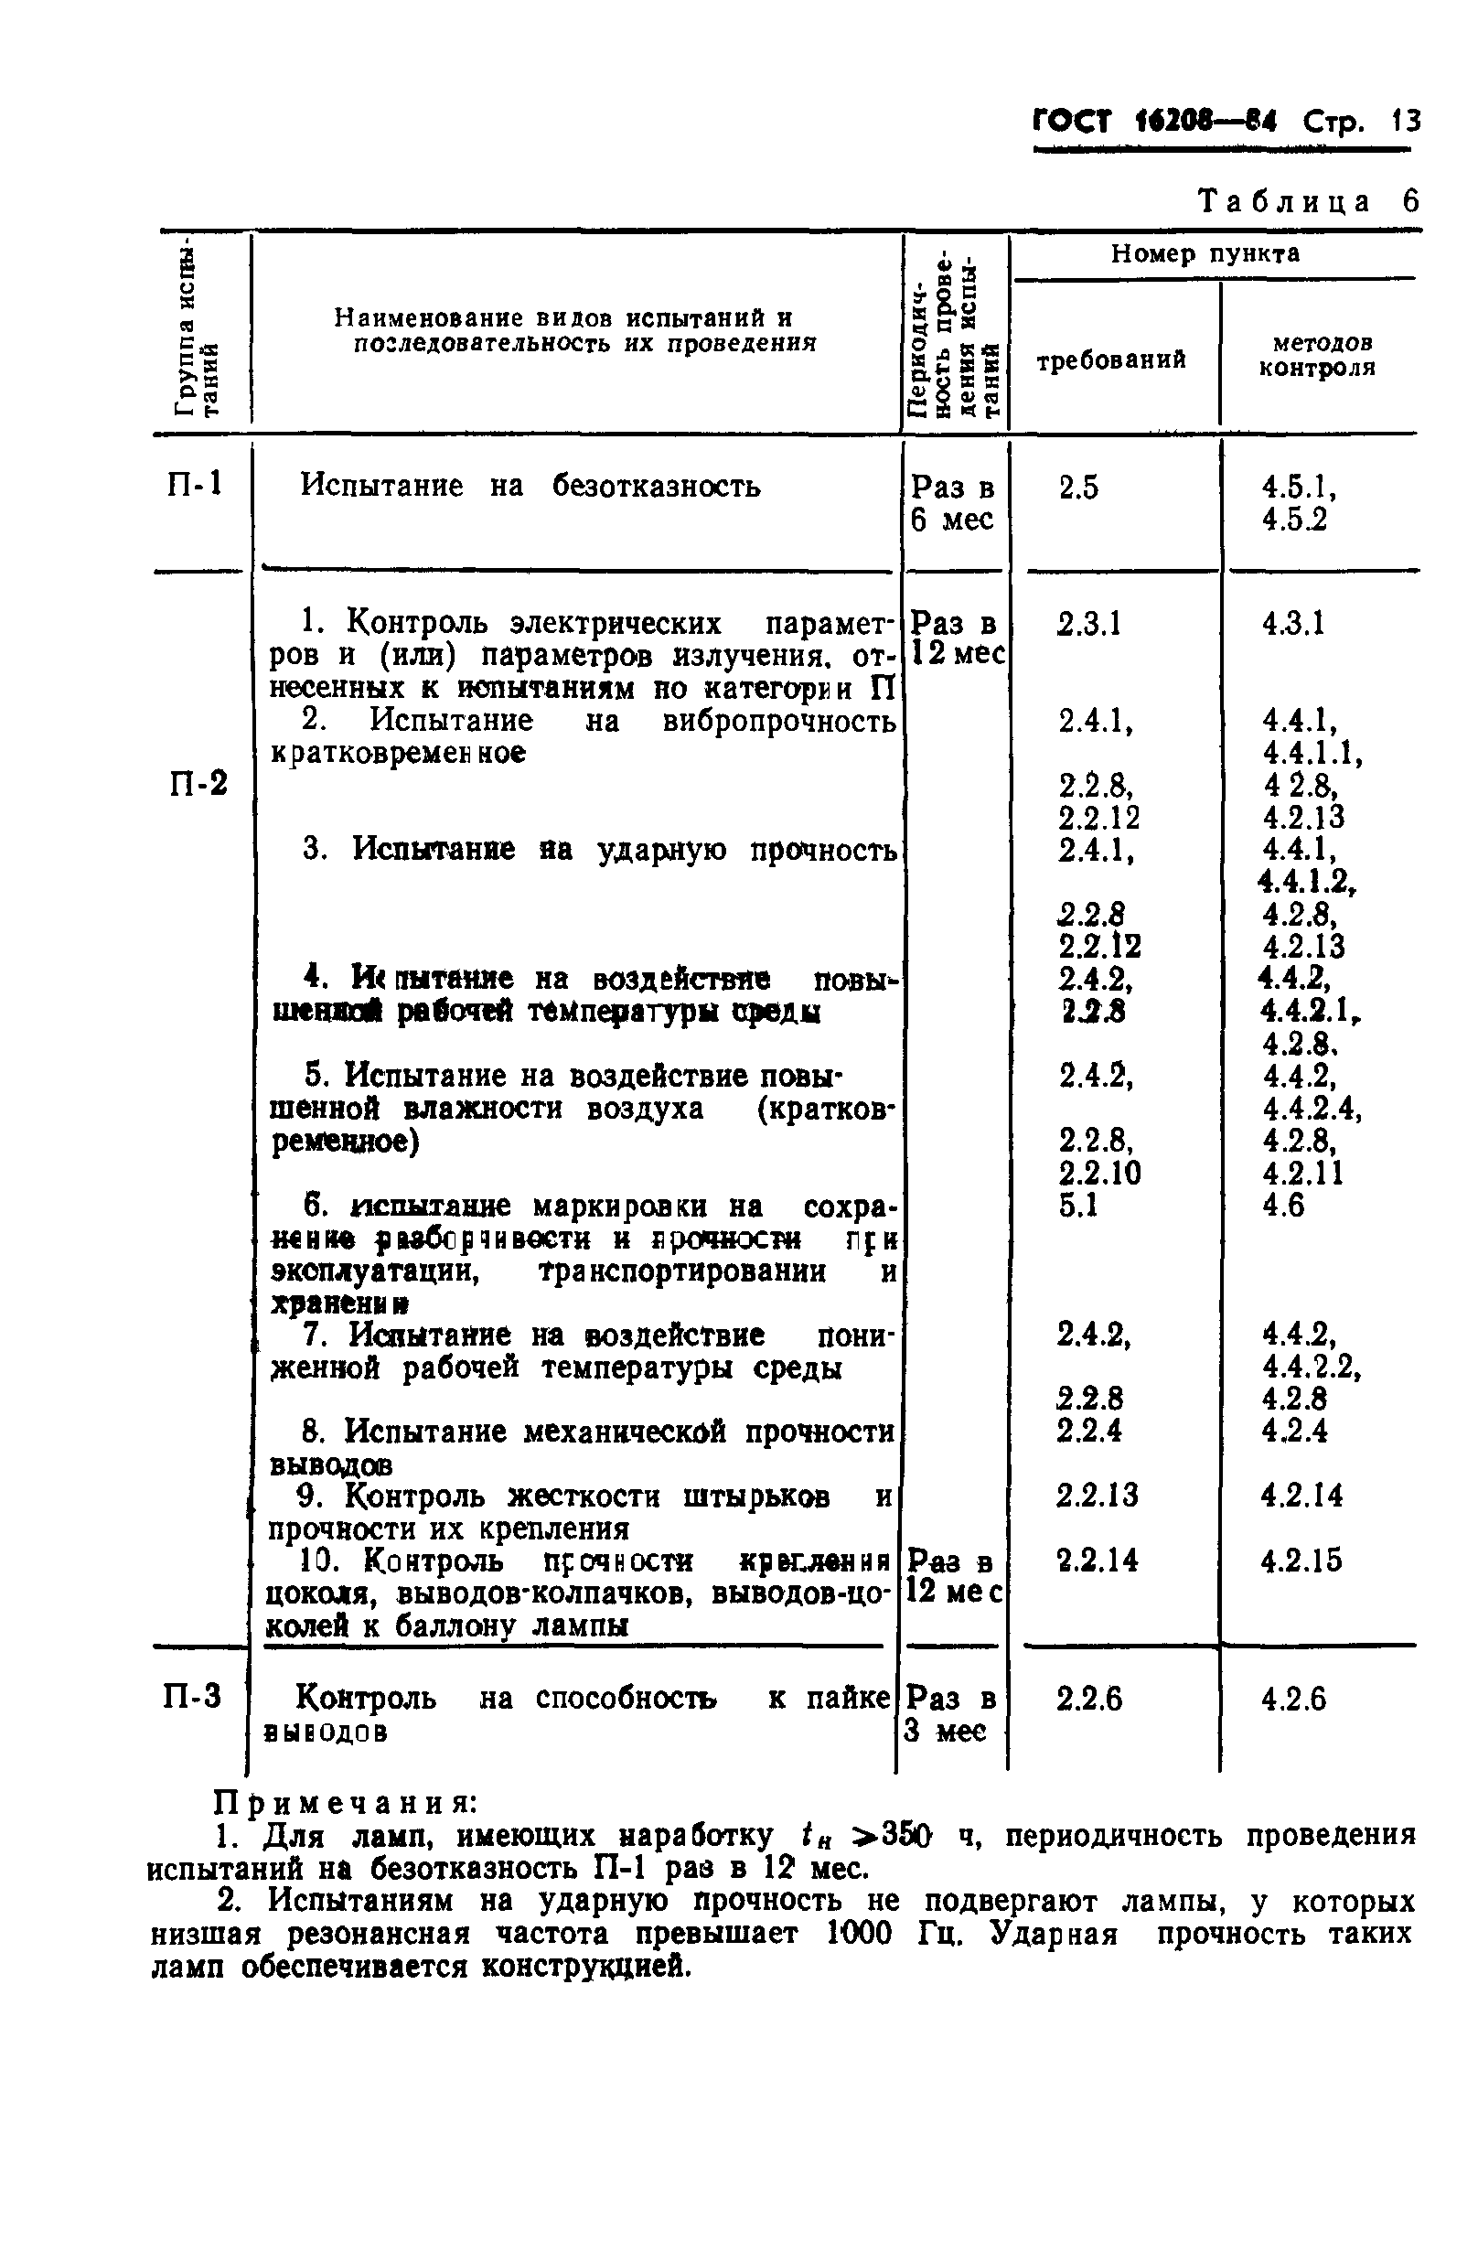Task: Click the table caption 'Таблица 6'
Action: click(1307, 202)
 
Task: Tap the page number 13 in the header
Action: click(1405, 122)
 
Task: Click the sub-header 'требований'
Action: click(1111, 360)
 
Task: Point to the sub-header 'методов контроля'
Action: click(1317, 355)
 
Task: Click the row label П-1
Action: click(195, 485)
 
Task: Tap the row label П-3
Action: click(192, 1696)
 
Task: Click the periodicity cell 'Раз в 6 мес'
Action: click(952, 502)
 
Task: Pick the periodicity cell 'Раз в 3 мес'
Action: click(949, 1714)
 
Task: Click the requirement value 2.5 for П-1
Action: click(1078, 488)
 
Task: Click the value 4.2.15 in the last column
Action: click(1301, 1561)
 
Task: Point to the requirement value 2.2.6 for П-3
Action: click(1088, 1699)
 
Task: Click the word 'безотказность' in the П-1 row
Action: click(656, 487)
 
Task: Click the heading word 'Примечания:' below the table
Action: click(346, 1803)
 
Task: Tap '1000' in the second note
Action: click(859, 1934)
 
